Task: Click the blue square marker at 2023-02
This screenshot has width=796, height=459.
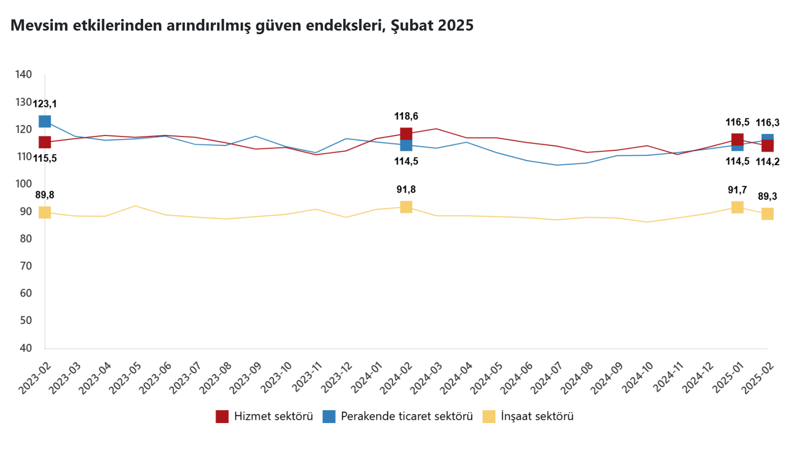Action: click(45, 121)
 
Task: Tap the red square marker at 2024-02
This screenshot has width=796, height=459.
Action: click(406, 134)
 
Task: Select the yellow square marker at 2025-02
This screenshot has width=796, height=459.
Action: click(768, 214)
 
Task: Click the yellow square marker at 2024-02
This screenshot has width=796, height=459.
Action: click(406, 207)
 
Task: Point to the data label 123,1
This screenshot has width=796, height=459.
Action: click(45, 104)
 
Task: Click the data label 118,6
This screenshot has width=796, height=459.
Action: click(406, 117)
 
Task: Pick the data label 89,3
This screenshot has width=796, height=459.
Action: click(768, 197)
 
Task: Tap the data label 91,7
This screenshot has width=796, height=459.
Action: click(738, 190)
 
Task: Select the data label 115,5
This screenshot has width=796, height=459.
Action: click(45, 158)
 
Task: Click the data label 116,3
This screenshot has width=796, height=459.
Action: click(768, 123)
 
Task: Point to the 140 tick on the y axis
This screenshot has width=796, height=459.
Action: click(23, 75)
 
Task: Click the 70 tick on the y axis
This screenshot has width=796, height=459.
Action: click(26, 266)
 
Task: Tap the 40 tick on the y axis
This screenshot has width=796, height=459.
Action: click(26, 348)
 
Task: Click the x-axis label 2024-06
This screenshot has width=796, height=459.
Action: click(517, 378)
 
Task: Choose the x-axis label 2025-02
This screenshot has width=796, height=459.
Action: click(758, 378)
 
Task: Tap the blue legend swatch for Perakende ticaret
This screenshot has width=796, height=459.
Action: click(329, 417)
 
